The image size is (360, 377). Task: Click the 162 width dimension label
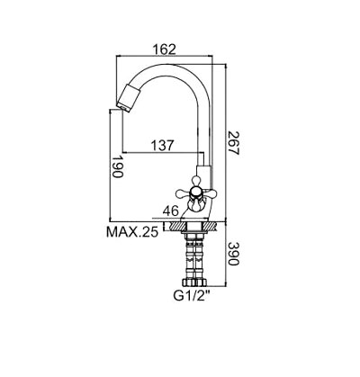[x=164, y=49]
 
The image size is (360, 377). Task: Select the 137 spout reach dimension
[x=162, y=146]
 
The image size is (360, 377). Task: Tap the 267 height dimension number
[x=233, y=143]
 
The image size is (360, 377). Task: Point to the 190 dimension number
[x=117, y=166]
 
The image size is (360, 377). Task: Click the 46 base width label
[x=171, y=211]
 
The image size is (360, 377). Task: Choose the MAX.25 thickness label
[x=132, y=232]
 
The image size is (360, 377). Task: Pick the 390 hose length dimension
[x=233, y=254]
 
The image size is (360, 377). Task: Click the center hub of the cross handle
[x=195, y=193]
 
